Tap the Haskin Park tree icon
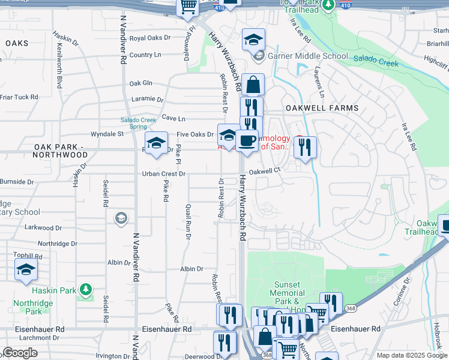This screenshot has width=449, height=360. tap(86, 290)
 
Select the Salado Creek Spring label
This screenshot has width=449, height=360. tap(138, 123)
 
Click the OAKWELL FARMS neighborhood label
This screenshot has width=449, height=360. tap(322, 108)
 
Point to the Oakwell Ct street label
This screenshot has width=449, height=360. tap(265, 171)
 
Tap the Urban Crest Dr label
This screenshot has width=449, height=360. tap(164, 174)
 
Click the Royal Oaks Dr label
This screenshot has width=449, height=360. tap(150, 38)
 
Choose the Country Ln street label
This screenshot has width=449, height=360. tap(145, 55)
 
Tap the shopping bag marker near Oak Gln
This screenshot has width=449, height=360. tap(253, 85)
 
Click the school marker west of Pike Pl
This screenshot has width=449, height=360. tap(156, 144)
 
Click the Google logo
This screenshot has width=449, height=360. tap(20, 353)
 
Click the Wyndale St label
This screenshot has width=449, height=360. tap(107, 134)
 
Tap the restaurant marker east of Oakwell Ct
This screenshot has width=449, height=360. tap(305, 147)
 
